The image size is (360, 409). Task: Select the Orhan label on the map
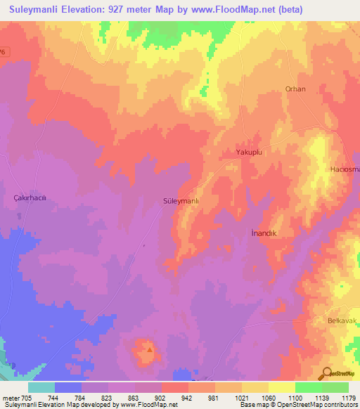(295, 89)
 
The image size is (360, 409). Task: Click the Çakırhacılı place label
(30, 199)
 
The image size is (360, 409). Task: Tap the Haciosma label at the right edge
(345, 170)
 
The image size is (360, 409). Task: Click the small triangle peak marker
(148, 346)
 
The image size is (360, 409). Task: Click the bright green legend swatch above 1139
(308, 387)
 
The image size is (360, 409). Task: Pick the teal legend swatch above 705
(41, 387)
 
